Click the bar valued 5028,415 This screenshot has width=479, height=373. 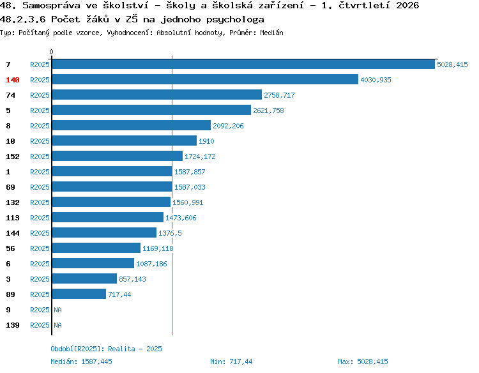point(243,64)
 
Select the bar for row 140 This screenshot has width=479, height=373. point(205,79)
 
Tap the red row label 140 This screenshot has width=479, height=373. point(13,80)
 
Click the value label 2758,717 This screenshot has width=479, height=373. point(279,95)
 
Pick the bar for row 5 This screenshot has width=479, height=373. point(151,110)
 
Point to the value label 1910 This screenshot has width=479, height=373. point(206,141)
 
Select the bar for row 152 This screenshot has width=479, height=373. point(118,156)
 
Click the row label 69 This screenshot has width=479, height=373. point(10,187)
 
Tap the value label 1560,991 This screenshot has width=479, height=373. point(188,202)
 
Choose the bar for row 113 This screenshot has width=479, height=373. point(108,217)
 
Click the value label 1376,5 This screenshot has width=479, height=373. point(170,233)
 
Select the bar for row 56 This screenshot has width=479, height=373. point(96,248)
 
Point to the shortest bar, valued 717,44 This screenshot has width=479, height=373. point(79,294)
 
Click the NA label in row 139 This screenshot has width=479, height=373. point(57,325)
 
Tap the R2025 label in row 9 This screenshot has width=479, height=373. point(40,310)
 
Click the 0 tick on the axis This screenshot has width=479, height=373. point(51,52)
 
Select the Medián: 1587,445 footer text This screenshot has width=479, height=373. point(81,362)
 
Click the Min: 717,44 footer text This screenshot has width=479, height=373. point(231,362)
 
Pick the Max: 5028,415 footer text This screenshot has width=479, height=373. point(363,362)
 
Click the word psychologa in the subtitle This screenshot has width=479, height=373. point(235,20)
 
